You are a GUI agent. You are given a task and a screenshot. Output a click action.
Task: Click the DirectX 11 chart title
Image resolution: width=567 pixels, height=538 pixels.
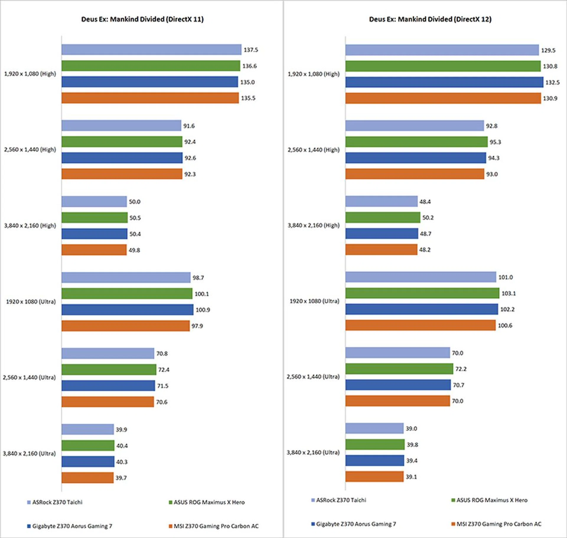[142, 19]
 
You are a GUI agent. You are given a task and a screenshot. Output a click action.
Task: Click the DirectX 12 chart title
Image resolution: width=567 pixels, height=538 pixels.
[430, 19]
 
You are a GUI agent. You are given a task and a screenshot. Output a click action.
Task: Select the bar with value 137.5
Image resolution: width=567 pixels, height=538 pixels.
[151, 50]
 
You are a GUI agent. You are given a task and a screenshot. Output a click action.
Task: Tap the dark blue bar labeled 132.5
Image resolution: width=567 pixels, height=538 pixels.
[444, 82]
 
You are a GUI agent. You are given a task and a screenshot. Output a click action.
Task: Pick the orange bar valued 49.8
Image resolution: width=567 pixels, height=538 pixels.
[94, 250]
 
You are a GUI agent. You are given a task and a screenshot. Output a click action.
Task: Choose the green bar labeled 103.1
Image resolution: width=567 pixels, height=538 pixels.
[422, 293]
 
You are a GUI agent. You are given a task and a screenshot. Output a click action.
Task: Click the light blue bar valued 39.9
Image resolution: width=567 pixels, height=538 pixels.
[87, 429]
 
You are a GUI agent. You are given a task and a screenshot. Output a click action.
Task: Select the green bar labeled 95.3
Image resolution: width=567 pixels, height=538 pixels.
[416, 142]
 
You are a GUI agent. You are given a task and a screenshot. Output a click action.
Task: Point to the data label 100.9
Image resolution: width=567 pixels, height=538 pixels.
[203, 310]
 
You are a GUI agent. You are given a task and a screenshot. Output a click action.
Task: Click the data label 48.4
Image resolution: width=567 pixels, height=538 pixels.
[425, 202]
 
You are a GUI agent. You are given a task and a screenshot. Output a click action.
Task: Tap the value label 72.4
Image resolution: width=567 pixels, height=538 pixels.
[164, 370]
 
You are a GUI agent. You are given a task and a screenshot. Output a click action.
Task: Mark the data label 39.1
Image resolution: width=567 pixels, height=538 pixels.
[411, 477]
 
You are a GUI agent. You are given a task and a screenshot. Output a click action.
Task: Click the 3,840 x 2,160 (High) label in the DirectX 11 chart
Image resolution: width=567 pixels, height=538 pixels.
[30, 226]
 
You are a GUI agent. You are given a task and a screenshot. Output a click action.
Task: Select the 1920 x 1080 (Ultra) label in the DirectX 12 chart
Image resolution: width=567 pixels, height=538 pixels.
[314, 301]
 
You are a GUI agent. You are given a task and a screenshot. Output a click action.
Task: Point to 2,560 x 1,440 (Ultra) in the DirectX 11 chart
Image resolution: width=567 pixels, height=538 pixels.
[29, 378]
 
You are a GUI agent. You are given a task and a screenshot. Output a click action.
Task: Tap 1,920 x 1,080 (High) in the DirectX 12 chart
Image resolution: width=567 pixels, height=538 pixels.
[314, 74]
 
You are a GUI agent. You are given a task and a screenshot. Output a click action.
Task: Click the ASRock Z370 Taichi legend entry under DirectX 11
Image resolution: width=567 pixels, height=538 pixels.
[57, 502]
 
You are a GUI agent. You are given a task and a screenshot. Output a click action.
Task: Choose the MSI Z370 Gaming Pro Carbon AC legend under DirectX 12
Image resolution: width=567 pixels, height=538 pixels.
[499, 524]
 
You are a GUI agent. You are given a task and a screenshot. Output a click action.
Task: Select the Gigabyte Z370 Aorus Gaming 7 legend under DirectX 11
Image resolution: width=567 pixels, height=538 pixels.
[72, 526]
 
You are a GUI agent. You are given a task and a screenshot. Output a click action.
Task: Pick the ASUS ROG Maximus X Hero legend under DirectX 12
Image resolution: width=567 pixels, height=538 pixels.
[492, 500]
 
